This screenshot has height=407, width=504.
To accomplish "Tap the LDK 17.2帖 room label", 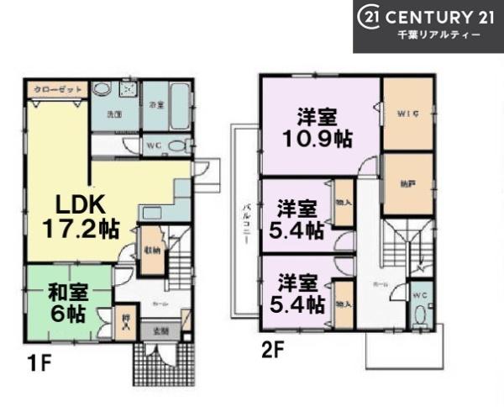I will [x=80, y=216].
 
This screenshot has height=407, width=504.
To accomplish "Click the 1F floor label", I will [x=36, y=366].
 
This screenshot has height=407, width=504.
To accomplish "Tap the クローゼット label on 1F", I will [x=55, y=87].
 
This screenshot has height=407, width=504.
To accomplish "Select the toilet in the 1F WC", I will [x=176, y=145].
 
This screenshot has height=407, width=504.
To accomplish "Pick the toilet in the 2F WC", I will [x=421, y=315].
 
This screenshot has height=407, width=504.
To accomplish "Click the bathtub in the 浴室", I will [x=179, y=106].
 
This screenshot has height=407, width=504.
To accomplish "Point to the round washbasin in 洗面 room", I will [x=102, y=90].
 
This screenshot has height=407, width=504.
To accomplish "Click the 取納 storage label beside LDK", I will [x=151, y=250].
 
